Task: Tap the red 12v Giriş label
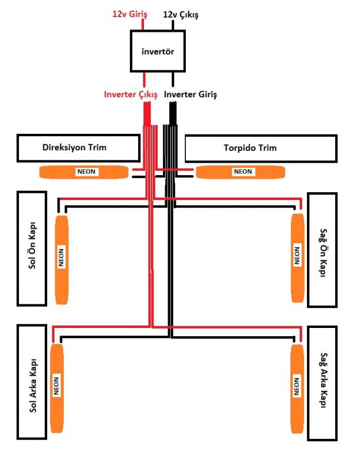tap(129, 12)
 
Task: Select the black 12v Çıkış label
tap(180, 12)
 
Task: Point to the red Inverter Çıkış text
tap(130, 94)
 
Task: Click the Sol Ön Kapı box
tap(32, 248)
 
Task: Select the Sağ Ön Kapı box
tap(322, 248)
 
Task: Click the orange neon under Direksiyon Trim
tap(84, 172)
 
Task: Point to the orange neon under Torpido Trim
tap(241, 172)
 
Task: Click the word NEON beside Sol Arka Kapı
tap(57, 386)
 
